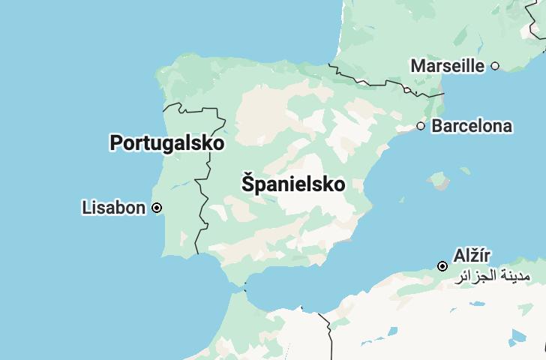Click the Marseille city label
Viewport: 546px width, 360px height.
pyautogui.click(x=447, y=66)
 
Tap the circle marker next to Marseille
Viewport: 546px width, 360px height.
pyautogui.click(x=495, y=66)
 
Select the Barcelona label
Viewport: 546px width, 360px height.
pyautogui.click(x=472, y=126)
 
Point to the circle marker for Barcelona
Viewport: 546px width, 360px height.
pyautogui.click(x=421, y=126)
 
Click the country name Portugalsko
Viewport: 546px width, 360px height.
pyautogui.click(x=166, y=142)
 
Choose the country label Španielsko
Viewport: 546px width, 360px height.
pyautogui.click(x=293, y=184)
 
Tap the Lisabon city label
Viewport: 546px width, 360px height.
pyautogui.click(x=113, y=207)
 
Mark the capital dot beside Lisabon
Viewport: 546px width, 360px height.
pyautogui.click(x=157, y=208)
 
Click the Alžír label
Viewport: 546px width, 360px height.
pyautogui.click(x=472, y=255)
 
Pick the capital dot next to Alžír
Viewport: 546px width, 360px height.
pyautogui.click(x=442, y=266)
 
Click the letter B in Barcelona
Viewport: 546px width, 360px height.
pyautogui.click(x=437, y=126)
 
